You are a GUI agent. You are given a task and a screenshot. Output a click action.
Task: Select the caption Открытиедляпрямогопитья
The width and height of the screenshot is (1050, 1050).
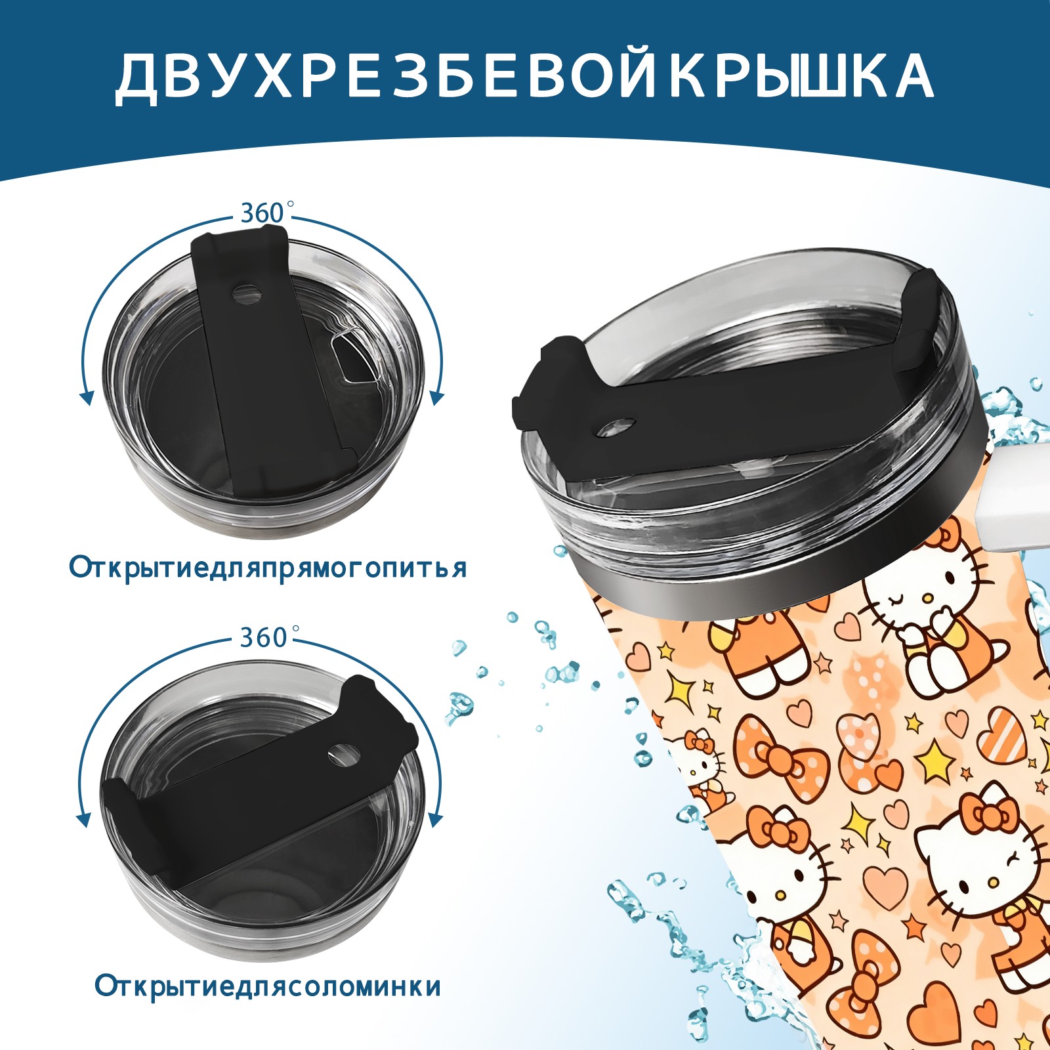point(268,568)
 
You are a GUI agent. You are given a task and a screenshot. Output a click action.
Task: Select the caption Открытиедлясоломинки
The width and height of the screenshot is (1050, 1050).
point(268,986)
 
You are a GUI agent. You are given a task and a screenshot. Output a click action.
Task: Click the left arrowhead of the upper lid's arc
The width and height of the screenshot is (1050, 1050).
point(85,397)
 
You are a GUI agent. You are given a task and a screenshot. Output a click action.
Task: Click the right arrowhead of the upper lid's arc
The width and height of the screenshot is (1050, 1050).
point(437,397)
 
